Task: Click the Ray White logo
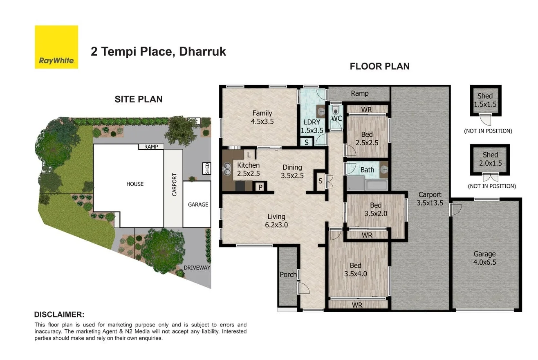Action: [56, 47]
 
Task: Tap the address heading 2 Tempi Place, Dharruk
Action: [158, 52]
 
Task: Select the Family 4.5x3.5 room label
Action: [262, 117]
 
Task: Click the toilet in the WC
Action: [336, 110]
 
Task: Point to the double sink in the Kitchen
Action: [227, 169]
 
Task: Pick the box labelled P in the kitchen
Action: [260, 187]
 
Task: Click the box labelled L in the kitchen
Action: [249, 155]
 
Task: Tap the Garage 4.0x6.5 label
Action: [484, 258]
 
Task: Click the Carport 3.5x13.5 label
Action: [430, 198]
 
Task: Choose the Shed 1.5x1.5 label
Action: [485, 100]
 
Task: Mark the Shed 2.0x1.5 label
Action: [490, 159]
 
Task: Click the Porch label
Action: [288, 274]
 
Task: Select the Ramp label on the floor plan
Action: [360, 93]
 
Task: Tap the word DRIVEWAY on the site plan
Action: [197, 268]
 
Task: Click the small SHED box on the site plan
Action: [207, 168]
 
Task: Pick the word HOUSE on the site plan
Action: [135, 184]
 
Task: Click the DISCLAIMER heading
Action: [59, 315]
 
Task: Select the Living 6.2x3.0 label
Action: [276, 220]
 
